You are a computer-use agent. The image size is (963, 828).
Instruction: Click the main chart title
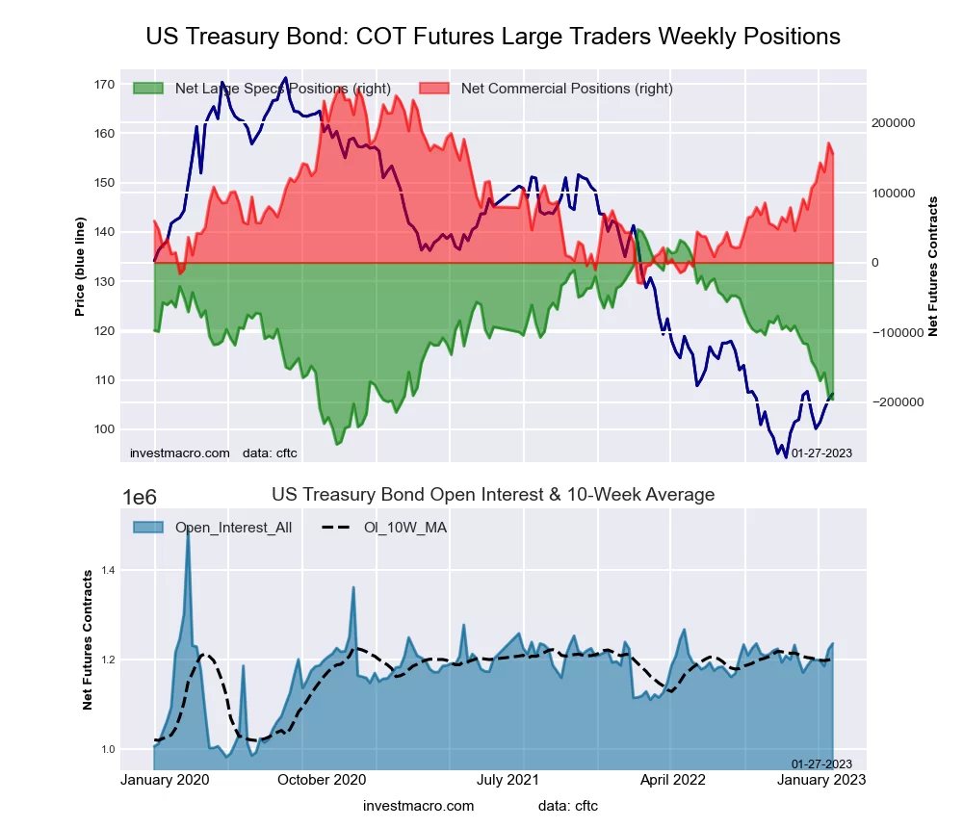[x=493, y=37]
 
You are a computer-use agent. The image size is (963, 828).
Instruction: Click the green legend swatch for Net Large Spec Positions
[x=149, y=89]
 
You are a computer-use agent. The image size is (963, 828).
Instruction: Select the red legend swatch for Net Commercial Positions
[x=436, y=89]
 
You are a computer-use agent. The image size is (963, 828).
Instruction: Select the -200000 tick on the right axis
[x=897, y=401]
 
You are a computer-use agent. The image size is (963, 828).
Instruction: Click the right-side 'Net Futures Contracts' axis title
[x=932, y=266]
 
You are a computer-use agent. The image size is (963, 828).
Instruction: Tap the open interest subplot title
[x=493, y=495]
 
